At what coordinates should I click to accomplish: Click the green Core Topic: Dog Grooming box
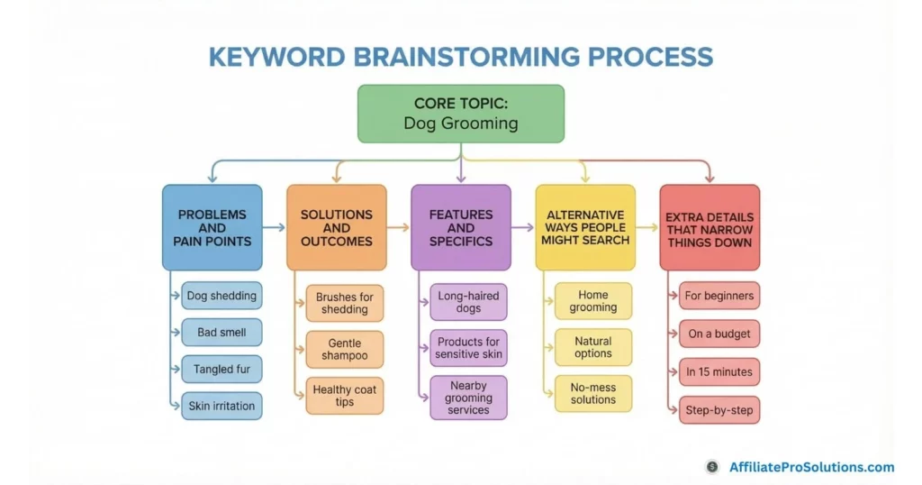460,114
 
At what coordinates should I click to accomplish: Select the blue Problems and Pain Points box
212,228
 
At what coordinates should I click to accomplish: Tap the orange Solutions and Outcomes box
336,228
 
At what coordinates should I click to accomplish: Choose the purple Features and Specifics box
460,228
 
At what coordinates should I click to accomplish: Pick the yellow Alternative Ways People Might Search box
584,228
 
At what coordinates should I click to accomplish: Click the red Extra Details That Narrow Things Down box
710,228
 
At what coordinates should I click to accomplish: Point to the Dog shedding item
221,296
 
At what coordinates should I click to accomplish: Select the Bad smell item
221,333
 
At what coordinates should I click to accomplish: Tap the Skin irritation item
221,406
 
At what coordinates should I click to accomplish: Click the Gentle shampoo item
345,349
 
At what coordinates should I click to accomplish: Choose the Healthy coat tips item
345,396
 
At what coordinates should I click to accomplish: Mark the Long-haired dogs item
468,302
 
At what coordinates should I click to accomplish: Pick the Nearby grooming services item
468,398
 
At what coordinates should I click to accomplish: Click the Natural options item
593,347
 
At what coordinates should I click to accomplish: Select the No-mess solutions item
593,393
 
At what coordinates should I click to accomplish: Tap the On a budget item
719,334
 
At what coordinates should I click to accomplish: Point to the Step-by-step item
719,410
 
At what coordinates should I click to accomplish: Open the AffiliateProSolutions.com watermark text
811,467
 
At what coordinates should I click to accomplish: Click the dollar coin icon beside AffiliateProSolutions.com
712,467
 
